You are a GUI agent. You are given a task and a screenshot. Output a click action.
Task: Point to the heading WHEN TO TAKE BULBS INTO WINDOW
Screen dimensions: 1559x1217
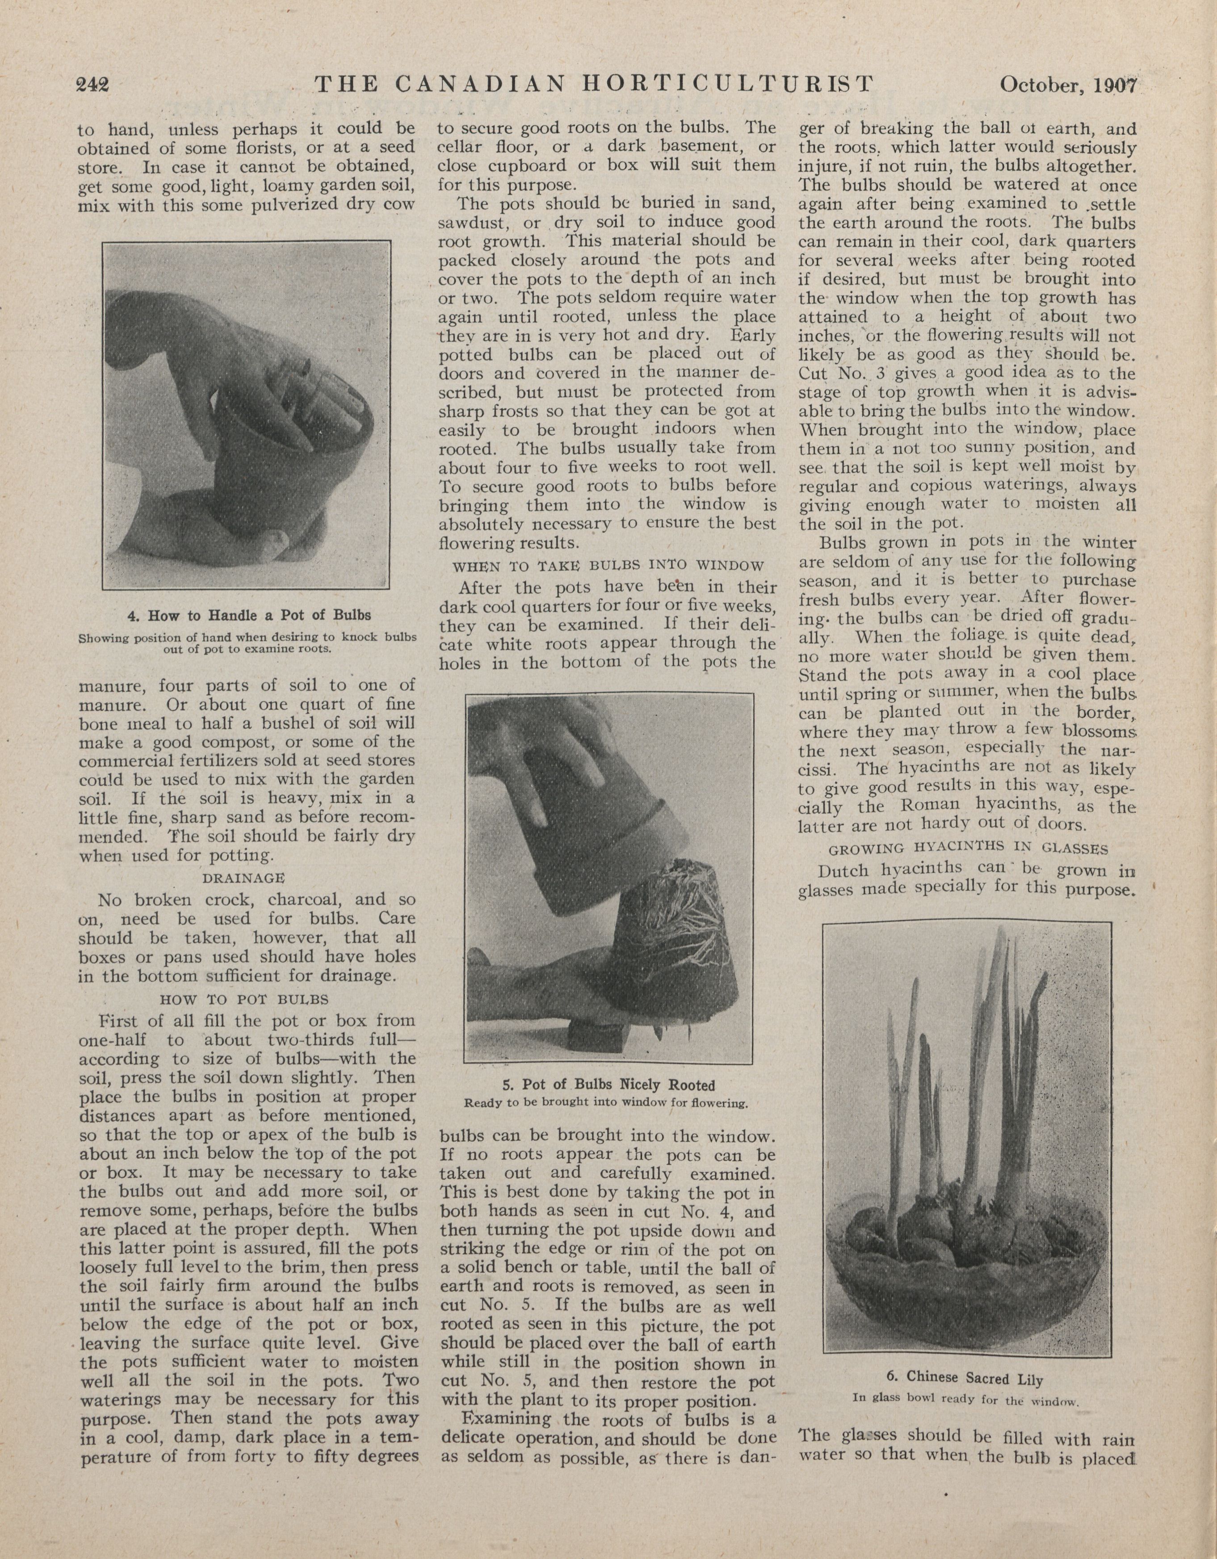tap(608, 565)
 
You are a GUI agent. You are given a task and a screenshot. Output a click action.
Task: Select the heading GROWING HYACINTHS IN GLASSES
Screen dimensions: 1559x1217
tap(968, 849)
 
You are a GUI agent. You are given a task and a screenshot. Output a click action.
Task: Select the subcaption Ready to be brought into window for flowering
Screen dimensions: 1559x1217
tap(606, 1103)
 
